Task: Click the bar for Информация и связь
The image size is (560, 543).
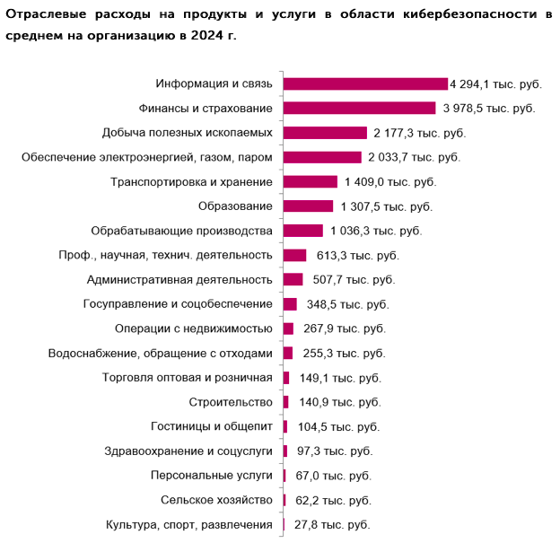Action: point(365,83)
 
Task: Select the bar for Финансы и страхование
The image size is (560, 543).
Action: point(359,109)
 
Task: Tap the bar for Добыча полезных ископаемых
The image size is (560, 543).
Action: point(325,133)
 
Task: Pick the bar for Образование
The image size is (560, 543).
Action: point(308,206)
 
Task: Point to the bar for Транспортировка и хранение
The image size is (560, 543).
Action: point(310,181)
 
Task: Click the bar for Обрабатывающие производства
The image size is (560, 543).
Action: point(302,231)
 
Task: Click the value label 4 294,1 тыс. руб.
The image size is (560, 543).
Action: point(495,83)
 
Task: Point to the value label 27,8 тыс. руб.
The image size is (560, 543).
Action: point(332,525)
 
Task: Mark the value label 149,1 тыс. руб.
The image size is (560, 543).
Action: point(340,378)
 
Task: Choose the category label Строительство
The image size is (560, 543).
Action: point(231,402)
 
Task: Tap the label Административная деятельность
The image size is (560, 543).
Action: point(179,279)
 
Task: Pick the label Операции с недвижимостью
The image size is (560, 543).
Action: point(194,328)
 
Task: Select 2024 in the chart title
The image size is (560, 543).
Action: point(199,36)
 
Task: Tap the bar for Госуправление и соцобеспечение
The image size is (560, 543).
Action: point(290,304)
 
